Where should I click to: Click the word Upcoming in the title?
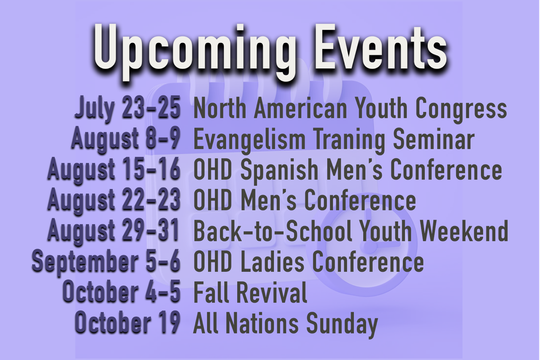coord(194,51)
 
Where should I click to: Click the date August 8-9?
coord(126,139)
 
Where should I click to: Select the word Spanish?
coord(279,171)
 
